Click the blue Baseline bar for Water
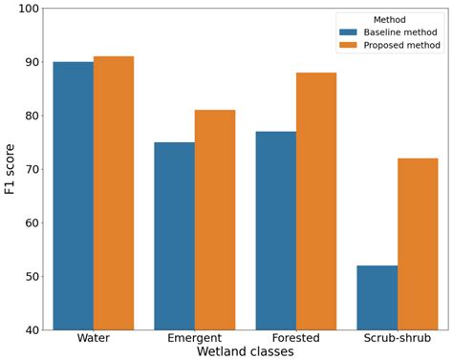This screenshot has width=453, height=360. (73, 196)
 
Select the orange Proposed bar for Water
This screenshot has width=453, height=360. (114, 193)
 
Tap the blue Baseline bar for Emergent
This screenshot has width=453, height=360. (174, 236)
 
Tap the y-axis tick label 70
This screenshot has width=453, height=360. (32, 169)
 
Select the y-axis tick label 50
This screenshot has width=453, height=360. (32, 277)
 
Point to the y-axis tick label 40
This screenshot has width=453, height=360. (32, 330)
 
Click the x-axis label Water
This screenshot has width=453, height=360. (93, 338)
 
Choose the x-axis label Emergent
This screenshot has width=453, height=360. (194, 338)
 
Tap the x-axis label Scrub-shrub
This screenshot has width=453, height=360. (398, 338)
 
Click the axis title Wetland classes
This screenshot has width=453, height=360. (245, 351)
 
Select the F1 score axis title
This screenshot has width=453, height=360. (10, 169)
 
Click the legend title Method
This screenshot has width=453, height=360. (389, 18)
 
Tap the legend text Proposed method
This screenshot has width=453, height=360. (402, 45)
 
